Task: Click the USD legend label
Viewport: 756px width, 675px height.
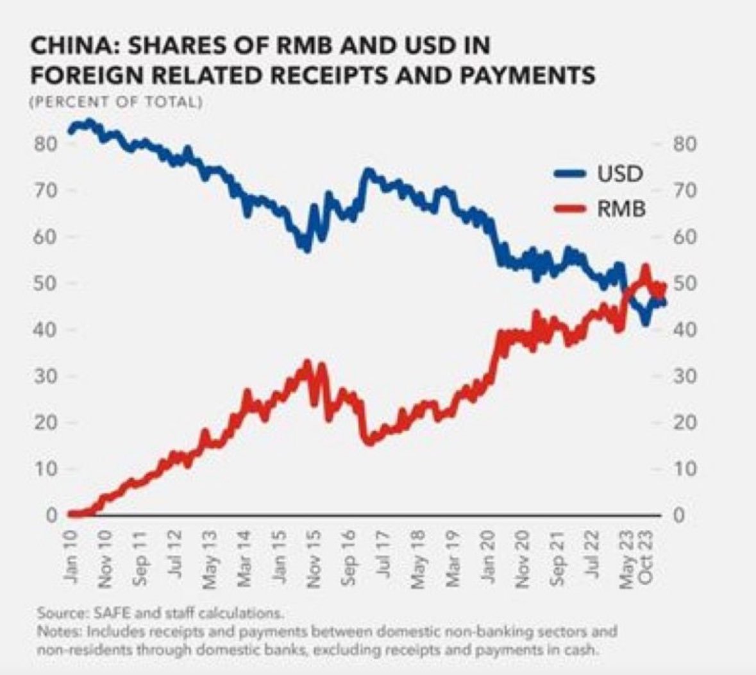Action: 620,173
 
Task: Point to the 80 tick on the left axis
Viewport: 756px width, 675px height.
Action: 49,144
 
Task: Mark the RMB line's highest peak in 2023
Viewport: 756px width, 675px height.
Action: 646,266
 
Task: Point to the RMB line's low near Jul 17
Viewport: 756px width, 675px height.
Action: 368,441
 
